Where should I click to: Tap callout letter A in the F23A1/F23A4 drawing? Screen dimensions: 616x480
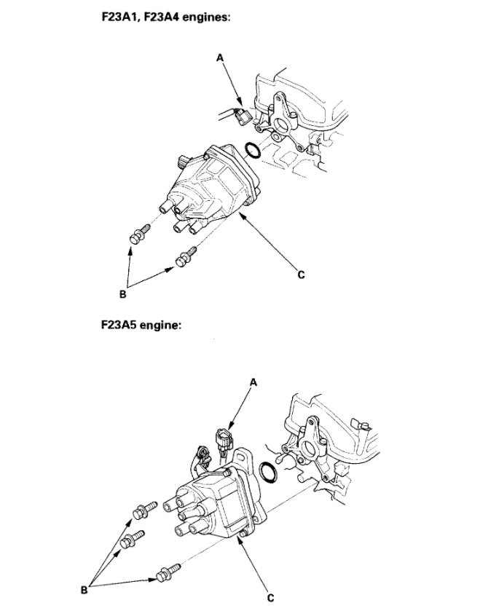(219, 56)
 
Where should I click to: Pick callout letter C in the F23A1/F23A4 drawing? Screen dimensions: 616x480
(300, 275)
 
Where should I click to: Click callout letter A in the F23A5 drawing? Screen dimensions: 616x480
(253, 381)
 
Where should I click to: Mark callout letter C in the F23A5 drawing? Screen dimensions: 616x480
(270, 598)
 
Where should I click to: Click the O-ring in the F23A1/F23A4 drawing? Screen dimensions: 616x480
(252, 151)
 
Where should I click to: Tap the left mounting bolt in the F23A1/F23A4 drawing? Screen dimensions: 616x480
(137, 235)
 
